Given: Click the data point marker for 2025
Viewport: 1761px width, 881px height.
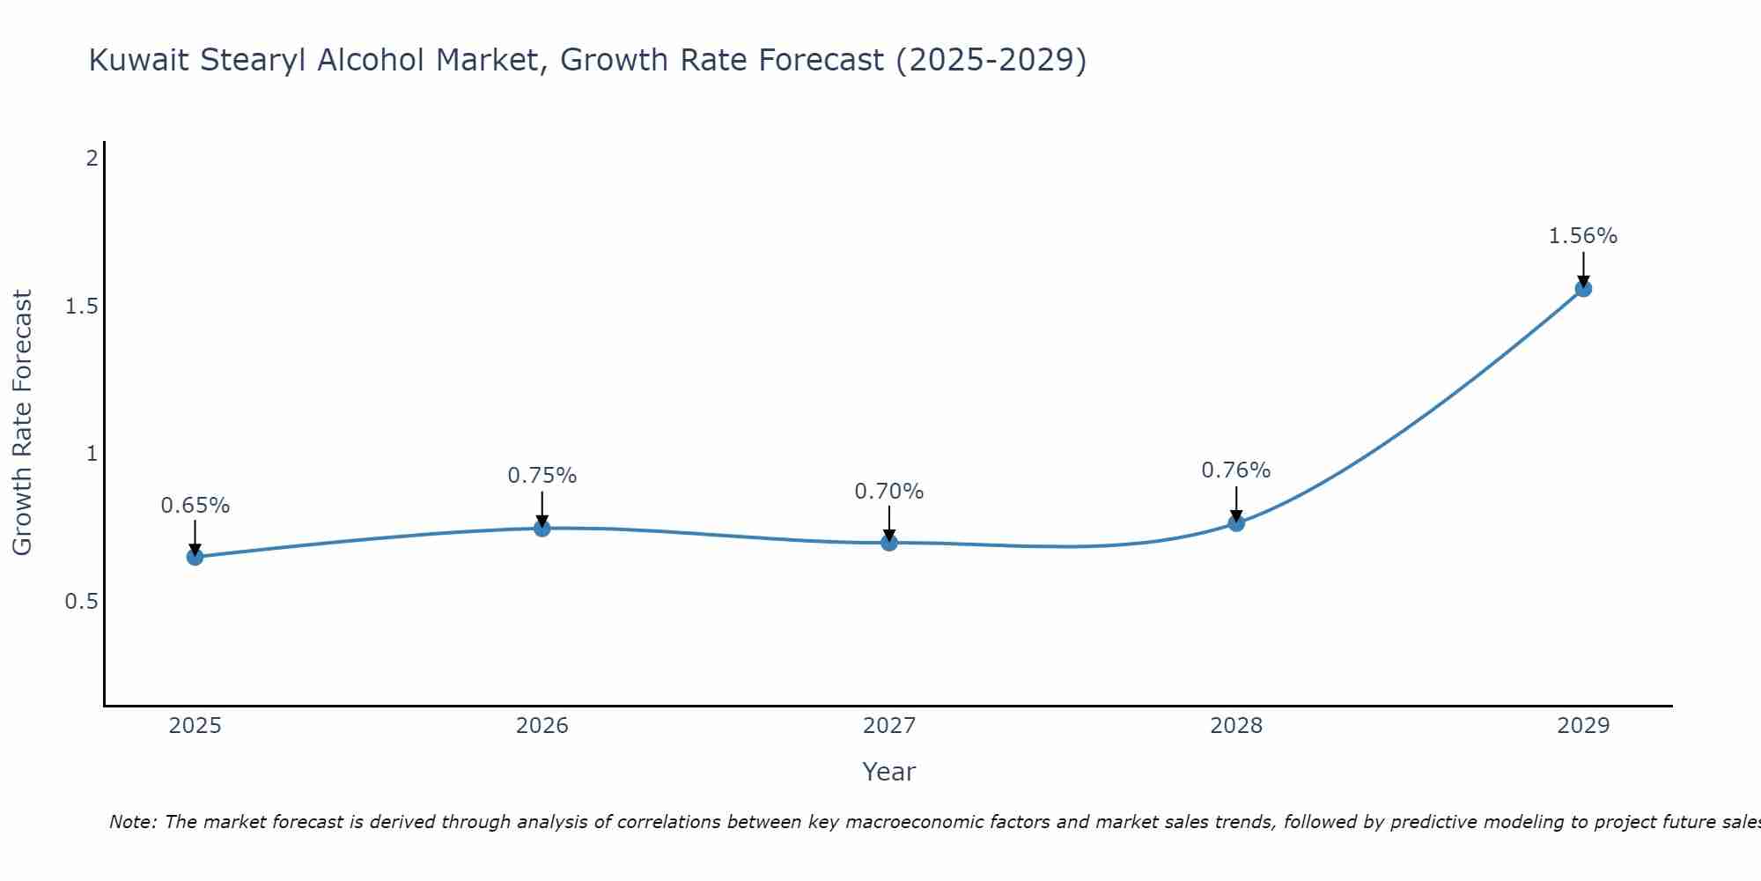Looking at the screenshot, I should point(195,557).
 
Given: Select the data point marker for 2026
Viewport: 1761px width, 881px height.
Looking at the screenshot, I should point(542,528).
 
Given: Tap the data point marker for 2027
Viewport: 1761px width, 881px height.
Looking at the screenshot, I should point(889,543).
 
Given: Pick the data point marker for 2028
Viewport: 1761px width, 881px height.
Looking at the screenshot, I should point(1236,523).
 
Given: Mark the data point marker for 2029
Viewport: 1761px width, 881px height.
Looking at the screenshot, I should point(1583,288).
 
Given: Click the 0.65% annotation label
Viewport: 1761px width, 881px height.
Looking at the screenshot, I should point(195,506).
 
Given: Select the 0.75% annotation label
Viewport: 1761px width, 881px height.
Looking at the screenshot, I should point(542,476).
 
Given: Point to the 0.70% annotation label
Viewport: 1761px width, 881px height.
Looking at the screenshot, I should point(889,492).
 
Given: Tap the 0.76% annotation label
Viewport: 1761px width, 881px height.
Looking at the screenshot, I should point(1236,470).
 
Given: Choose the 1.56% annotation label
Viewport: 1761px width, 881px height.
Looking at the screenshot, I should point(1583,236).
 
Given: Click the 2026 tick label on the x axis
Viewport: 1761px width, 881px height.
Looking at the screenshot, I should point(542,726).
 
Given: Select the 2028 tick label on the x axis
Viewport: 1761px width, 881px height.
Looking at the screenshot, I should point(1236,726).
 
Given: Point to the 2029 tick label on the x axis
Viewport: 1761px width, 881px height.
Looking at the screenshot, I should point(1583,726).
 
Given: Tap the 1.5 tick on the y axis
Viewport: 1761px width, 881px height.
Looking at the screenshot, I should point(81,307).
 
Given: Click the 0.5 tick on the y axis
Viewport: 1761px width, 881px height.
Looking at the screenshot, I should point(81,602).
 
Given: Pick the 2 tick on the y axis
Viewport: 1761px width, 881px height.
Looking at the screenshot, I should point(92,159).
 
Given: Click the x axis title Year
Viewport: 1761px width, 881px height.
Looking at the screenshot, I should point(889,772).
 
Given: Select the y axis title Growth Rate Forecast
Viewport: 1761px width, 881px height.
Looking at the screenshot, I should point(22,423).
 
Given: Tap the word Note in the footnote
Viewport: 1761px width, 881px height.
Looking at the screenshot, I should point(132,822).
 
